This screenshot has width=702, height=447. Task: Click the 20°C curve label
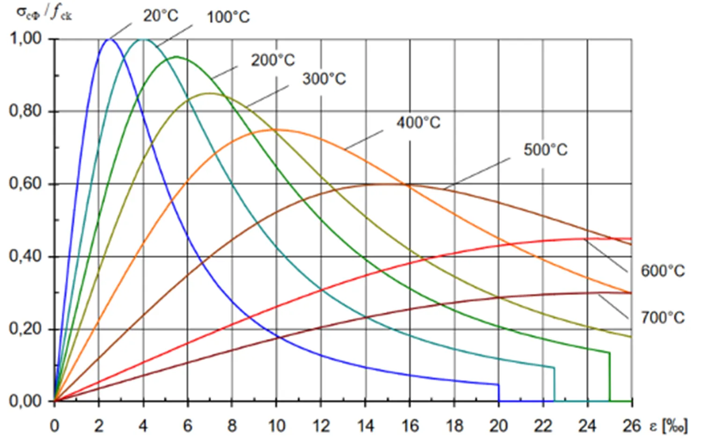161,15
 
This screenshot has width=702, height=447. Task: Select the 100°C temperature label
228,17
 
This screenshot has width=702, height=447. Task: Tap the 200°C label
273,60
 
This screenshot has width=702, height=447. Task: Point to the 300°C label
324,79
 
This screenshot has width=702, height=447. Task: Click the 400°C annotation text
418,123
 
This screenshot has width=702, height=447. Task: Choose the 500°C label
545,150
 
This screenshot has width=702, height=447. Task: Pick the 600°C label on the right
662,271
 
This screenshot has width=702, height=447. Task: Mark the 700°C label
662,318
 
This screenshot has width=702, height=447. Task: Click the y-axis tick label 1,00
26,38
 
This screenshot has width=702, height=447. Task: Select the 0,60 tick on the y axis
26,184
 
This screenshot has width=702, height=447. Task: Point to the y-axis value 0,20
26,329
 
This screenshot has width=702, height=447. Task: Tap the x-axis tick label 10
276,426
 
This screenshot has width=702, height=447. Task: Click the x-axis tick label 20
498,426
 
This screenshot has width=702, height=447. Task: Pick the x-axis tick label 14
366,426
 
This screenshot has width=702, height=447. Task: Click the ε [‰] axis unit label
669,426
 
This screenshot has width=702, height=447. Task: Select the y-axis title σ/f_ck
44,13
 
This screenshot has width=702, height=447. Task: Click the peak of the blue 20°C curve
110,39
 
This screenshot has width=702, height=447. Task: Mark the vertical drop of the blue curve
498,393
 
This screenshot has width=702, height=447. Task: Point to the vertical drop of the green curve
609,377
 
